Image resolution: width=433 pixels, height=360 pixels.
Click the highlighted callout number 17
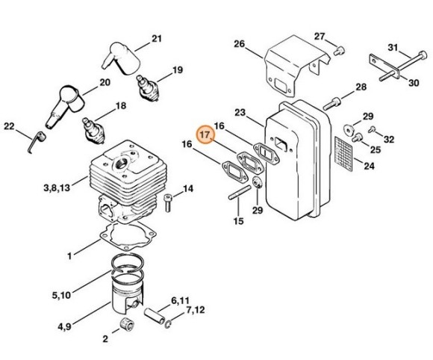pos(205,135)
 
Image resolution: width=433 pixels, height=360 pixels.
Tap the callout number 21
pos(157,38)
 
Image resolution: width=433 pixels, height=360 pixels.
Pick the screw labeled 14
pos(167,202)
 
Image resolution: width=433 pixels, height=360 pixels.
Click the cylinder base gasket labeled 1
pos(128,236)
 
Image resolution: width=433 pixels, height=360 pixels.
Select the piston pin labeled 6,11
pos(155,316)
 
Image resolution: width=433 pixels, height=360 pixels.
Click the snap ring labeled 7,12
pos(169,325)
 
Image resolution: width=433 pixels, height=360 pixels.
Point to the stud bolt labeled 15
pos(240,192)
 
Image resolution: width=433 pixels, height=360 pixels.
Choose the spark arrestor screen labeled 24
pos(344,154)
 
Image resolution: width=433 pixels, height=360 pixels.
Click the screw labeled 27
pos(338,51)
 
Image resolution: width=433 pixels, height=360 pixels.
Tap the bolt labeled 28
pos(331,103)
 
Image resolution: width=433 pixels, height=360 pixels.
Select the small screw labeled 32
pos(373,128)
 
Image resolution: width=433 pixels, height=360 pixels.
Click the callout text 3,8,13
pos(57,188)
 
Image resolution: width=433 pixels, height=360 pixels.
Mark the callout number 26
pos(240,43)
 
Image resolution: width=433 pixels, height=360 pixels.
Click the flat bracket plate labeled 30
pos(384,66)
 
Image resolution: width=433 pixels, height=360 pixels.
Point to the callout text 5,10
pos(61,295)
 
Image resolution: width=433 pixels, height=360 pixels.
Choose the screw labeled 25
pos(357,137)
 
